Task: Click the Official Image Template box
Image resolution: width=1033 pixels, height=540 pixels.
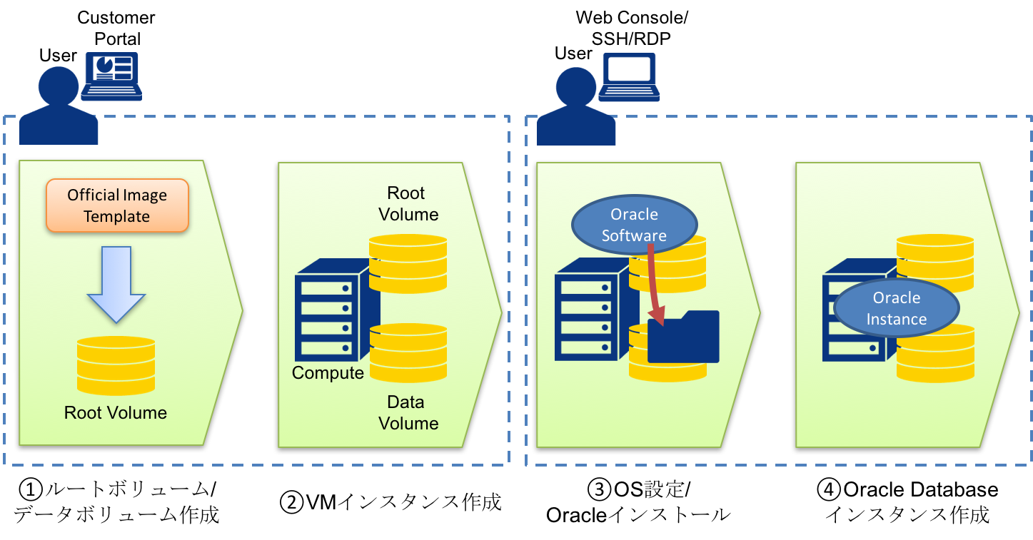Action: [117, 205]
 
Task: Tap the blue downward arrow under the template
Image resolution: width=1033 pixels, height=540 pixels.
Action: [116, 283]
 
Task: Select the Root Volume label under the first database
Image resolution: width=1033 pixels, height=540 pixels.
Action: [116, 413]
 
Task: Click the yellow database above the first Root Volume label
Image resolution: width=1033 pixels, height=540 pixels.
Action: [116, 365]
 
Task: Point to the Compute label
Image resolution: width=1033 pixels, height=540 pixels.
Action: [328, 373]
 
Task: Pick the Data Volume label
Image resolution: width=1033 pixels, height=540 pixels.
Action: [408, 413]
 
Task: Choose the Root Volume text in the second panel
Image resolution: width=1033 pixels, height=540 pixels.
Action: [408, 204]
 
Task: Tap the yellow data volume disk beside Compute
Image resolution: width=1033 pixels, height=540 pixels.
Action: [408, 353]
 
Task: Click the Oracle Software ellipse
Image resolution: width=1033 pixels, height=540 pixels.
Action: [634, 225]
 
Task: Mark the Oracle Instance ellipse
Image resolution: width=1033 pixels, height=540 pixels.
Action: [897, 308]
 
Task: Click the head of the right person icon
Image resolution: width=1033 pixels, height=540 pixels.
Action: [575, 87]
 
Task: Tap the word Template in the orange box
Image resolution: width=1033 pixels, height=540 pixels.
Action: [117, 216]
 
